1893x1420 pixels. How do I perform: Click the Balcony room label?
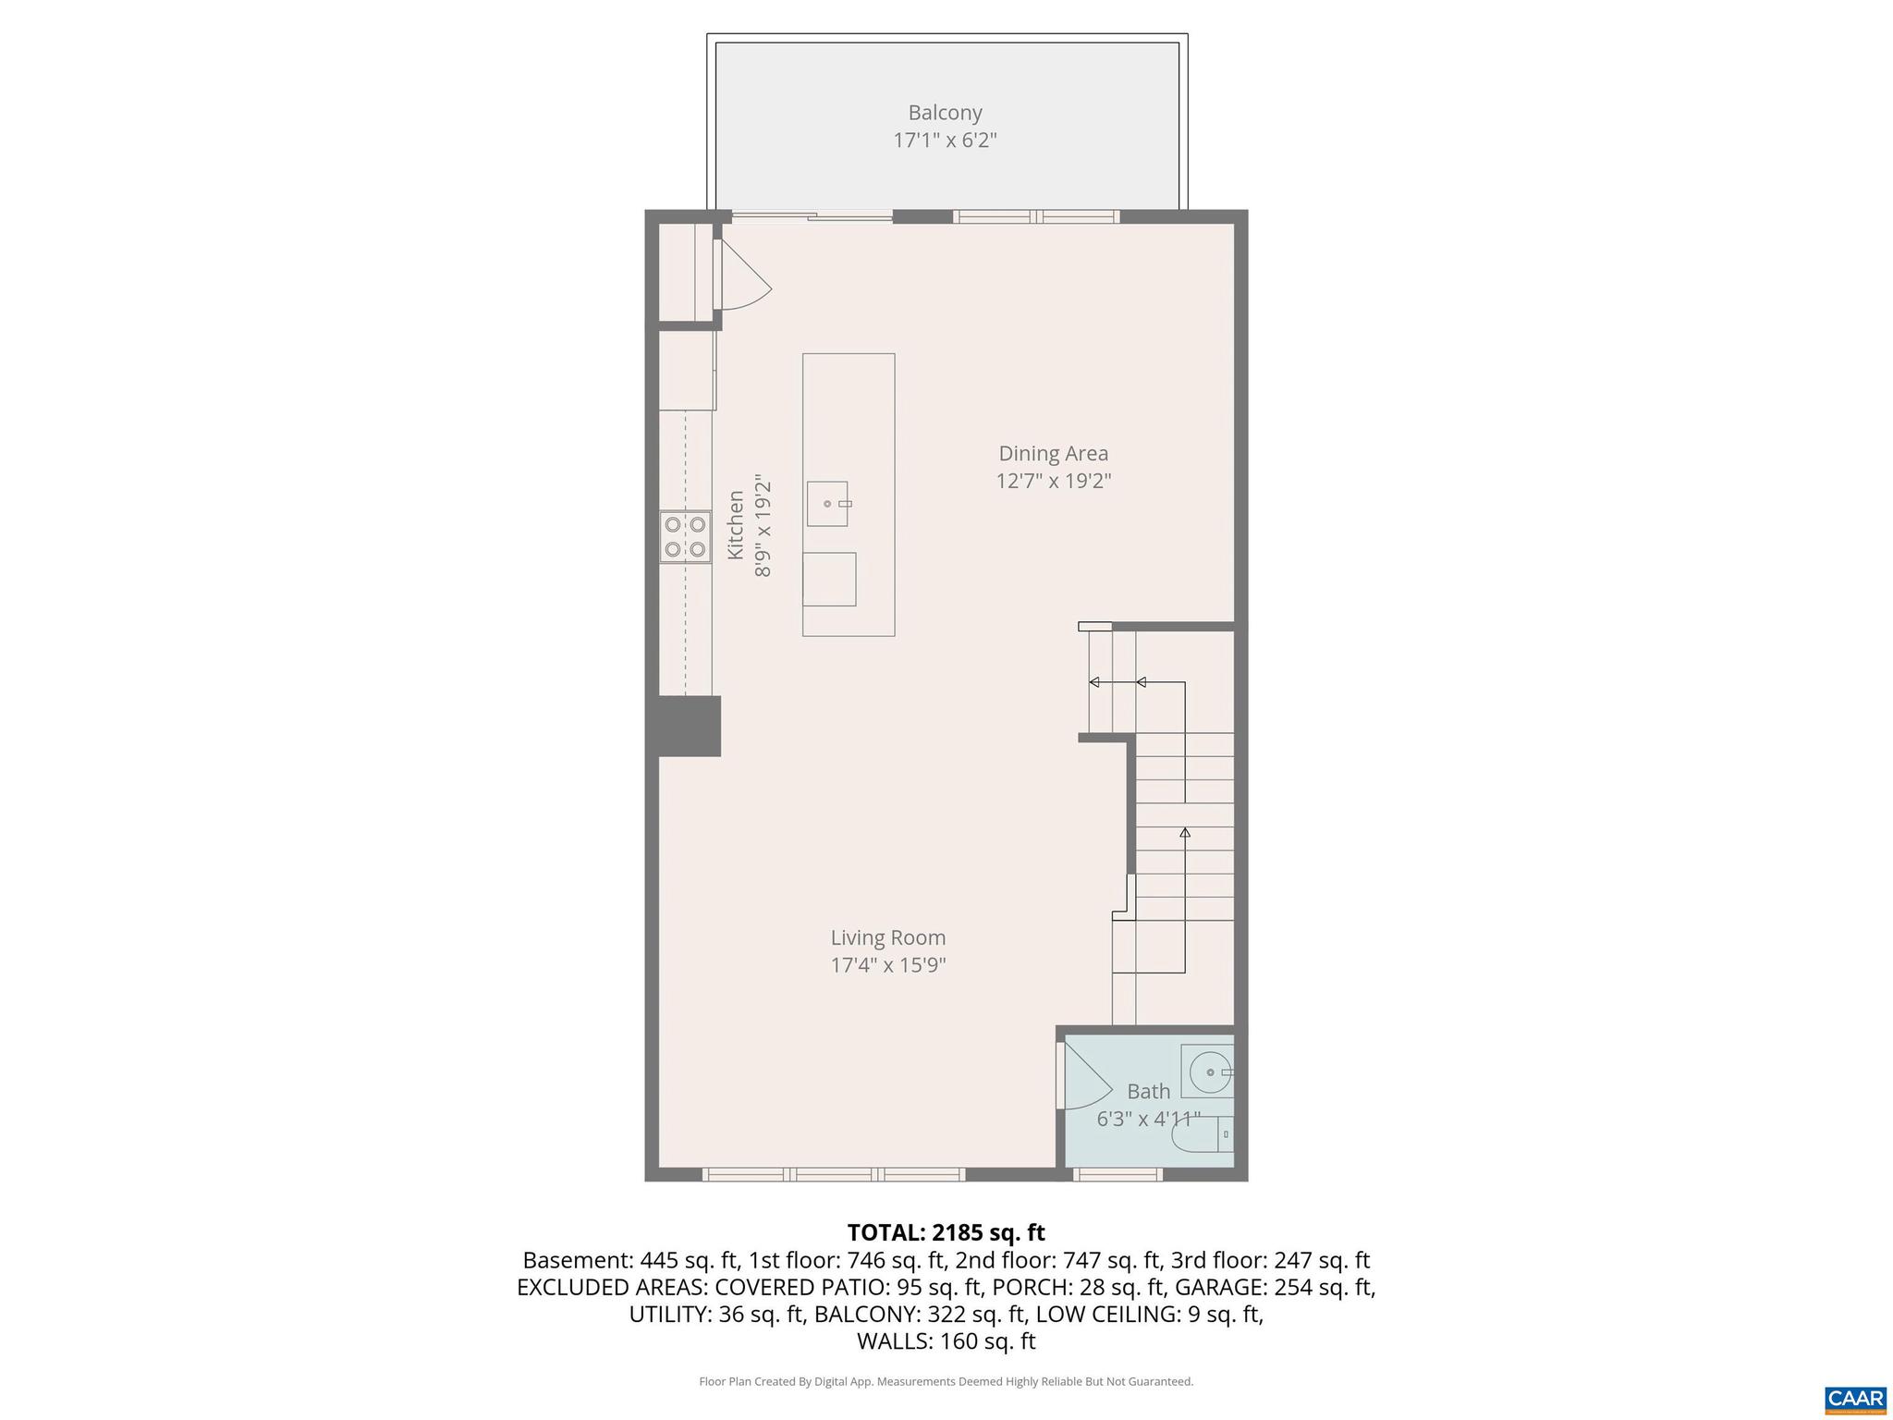(945, 113)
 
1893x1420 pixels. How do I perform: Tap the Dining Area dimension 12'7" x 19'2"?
(1053, 482)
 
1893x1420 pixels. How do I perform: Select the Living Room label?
(887, 937)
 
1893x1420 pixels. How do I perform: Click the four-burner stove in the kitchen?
(685, 537)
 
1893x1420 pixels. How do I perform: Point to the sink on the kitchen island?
(827, 504)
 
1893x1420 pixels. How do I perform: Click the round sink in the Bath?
(1208, 1072)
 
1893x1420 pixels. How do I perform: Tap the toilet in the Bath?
(1202, 1134)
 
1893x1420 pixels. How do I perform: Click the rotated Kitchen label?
(736, 525)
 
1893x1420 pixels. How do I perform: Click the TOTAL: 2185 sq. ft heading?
(946, 1232)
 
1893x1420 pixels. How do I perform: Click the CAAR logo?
(1855, 1398)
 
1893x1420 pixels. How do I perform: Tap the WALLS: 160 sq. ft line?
(946, 1341)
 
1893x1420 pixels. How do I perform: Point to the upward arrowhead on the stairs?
(1185, 833)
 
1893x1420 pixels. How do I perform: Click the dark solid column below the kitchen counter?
(689, 726)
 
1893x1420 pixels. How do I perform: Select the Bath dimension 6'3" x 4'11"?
(1148, 1120)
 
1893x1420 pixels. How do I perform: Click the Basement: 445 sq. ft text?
(629, 1260)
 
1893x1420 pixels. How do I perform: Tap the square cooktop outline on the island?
(829, 579)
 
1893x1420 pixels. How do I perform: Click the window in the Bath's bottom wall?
(1117, 1175)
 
